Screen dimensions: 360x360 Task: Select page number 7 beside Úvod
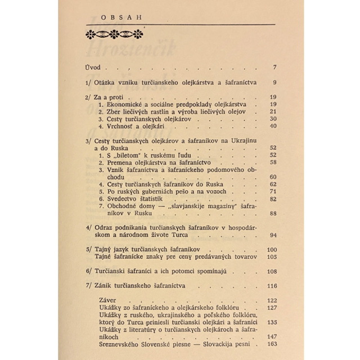274,68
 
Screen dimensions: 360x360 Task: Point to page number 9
274,83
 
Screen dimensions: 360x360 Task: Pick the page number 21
273,111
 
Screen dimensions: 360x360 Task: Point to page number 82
273,199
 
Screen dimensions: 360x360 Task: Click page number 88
273,213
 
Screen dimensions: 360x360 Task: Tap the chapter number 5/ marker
87,249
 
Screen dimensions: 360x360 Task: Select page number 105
272,256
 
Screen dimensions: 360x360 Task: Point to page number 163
272,345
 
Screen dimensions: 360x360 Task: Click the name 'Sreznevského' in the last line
120,345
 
